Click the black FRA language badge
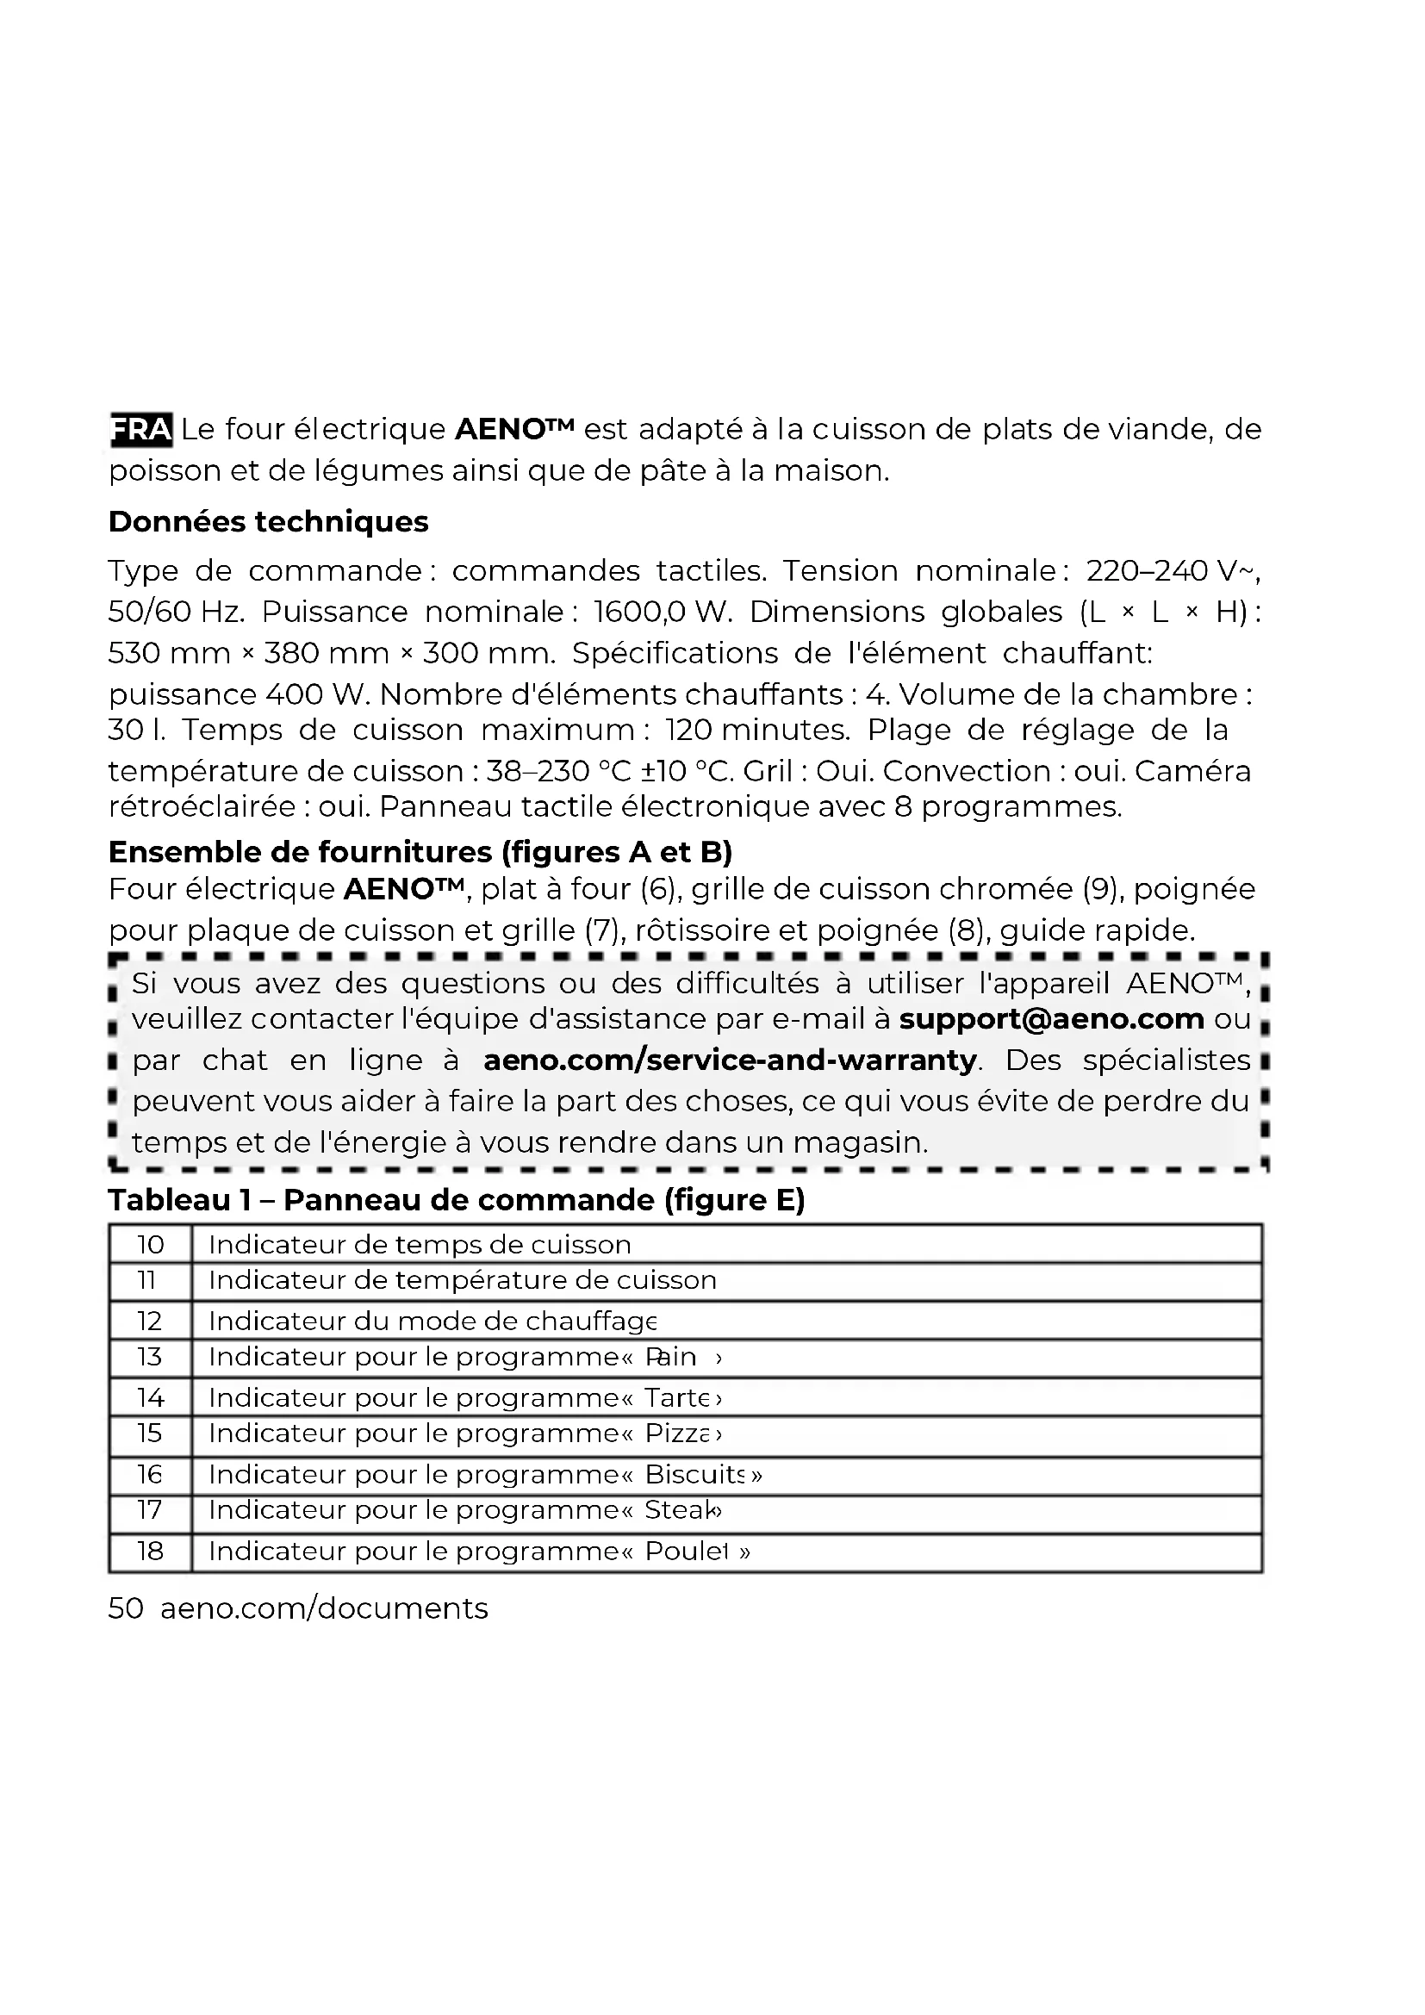[x=140, y=430]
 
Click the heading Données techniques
[x=269, y=522]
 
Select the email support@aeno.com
[x=1051, y=1019]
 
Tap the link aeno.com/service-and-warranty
[x=730, y=1060]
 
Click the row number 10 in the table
[x=150, y=1245]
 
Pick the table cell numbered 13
[x=150, y=1357]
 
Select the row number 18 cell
[x=150, y=1551]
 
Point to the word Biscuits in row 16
[x=694, y=1474]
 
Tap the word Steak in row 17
[x=679, y=1510]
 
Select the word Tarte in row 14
[x=677, y=1397]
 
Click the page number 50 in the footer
[x=126, y=1608]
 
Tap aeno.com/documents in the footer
[x=324, y=1608]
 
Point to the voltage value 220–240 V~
[x=1173, y=571]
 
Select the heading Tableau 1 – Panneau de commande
[x=457, y=1200]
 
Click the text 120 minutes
[x=757, y=731]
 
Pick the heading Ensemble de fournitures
[x=420, y=852]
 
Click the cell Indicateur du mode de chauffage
[x=432, y=1321]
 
